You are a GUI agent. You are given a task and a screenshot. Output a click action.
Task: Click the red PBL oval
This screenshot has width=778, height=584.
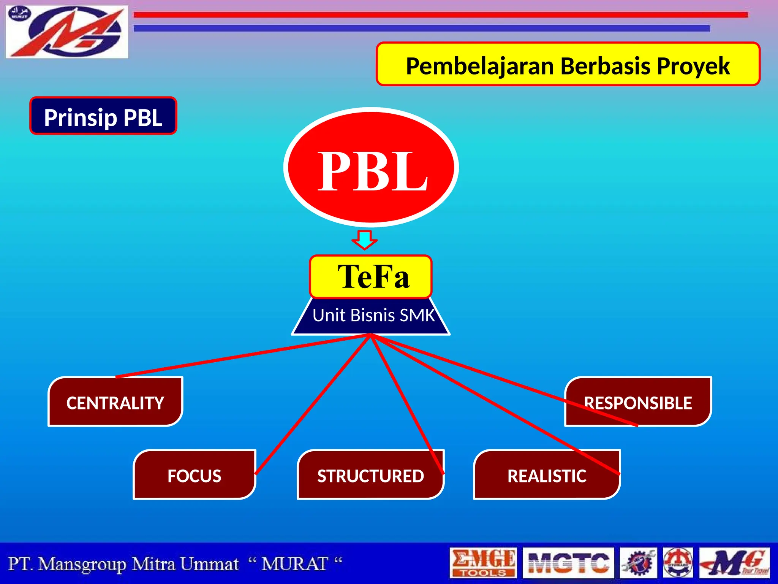pyautogui.click(x=371, y=167)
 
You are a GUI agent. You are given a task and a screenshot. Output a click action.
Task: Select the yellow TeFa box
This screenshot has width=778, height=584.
pyautogui.click(x=371, y=276)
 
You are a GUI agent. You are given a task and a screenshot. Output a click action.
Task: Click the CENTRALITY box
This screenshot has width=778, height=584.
pyautogui.click(x=115, y=402)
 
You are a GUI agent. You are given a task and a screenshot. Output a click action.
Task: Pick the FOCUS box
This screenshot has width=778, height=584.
pyautogui.click(x=194, y=475)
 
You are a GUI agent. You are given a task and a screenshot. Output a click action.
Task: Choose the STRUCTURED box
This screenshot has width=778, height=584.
pyautogui.click(x=370, y=475)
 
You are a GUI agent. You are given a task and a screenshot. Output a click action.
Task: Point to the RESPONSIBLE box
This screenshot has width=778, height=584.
pyautogui.click(x=638, y=402)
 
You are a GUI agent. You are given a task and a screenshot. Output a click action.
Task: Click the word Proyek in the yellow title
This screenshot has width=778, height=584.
pyautogui.click(x=693, y=66)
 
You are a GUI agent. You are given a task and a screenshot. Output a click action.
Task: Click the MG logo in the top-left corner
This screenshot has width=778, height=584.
pyautogui.click(x=66, y=32)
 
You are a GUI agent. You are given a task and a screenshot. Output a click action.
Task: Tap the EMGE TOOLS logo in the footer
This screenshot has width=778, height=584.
pyautogui.click(x=483, y=563)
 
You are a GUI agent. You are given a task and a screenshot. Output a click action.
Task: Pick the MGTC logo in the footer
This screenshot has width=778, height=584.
pyautogui.click(x=568, y=563)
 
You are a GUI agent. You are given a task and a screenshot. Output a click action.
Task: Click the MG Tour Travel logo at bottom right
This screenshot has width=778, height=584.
pyautogui.click(x=734, y=563)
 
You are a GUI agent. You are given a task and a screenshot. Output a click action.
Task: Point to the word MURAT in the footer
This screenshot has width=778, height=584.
pyautogui.click(x=294, y=564)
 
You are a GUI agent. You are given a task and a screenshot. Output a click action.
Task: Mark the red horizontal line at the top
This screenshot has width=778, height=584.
pyautogui.click(x=441, y=15)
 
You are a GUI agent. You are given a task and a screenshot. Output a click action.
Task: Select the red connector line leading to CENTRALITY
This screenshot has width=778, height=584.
pyautogui.click(x=243, y=356)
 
